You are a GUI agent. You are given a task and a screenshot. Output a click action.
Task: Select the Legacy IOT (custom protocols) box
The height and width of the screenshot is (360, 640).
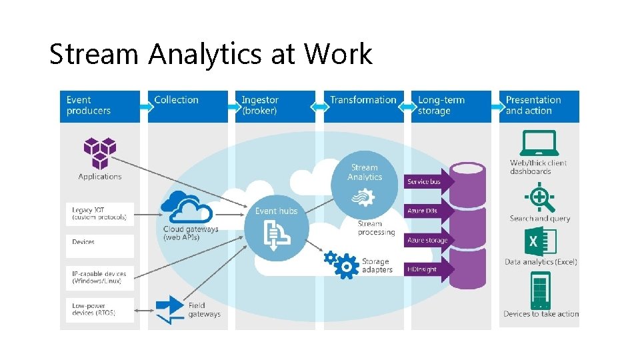(x=100, y=214)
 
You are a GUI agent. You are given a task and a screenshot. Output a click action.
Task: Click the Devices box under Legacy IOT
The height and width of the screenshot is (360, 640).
(x=100, y=242)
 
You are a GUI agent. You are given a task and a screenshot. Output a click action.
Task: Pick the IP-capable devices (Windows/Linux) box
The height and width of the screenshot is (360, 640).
(x=100, y=277)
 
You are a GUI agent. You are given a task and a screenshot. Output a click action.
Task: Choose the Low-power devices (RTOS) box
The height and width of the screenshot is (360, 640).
(x=100, y=309)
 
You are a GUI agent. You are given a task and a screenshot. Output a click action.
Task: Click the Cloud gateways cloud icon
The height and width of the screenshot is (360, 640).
(x=186, y=207)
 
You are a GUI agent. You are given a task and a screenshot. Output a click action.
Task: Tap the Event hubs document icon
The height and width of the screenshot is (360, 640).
(x=275, y=233)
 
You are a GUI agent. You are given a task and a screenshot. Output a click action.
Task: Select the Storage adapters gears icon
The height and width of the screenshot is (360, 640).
(x=341, y=263)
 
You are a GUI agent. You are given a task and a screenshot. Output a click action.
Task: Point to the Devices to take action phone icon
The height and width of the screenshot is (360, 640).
(x=541, y=289)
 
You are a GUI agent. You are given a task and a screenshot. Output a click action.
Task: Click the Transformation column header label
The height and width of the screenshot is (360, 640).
(x=363, y=100)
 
